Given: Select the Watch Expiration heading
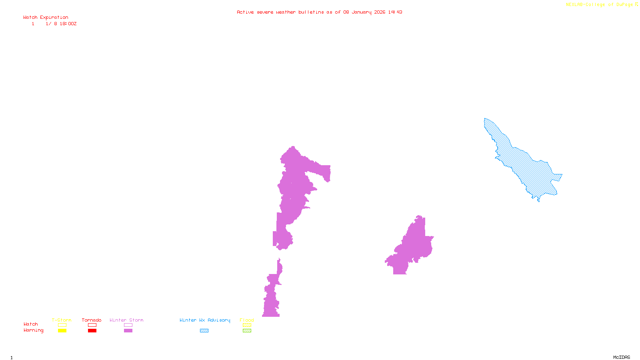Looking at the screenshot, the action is point(46,18).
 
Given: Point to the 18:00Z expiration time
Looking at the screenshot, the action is point(68,24).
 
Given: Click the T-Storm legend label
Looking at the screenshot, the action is point(62,320).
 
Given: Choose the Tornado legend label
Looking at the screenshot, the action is point(92,320).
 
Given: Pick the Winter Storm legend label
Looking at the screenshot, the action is point(126,320).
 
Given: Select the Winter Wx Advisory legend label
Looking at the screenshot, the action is point(205,320).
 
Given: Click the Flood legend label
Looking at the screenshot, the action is point(247,320).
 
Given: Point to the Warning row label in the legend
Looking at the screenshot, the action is point(33,330).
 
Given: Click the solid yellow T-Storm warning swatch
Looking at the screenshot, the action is point(62,331).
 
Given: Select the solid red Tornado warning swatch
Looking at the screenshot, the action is point(92,331).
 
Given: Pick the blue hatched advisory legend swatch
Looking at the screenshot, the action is point(204,331).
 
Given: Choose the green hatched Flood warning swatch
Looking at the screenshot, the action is point(247,331).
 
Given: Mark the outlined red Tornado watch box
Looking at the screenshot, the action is point(92,325).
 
